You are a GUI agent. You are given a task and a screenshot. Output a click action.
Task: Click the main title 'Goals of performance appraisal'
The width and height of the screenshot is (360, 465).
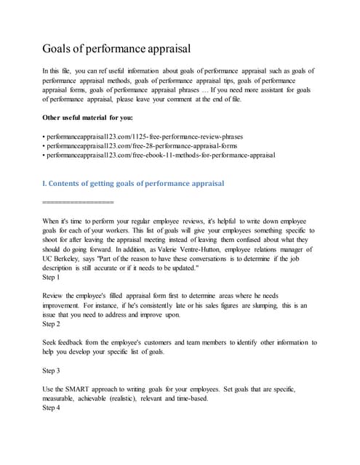click(x=116, y=49)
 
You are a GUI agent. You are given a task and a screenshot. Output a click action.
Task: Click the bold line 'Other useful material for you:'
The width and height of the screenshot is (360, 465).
click(x=92, y=118)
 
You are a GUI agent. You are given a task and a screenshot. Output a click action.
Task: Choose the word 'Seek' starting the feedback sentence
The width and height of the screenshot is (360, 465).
click(x=52, y=343)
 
